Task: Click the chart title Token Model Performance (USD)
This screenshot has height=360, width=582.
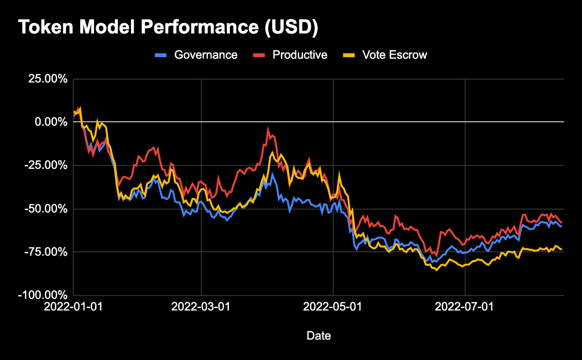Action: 168,28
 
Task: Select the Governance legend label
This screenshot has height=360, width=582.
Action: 206,55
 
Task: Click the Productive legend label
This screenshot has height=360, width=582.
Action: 300,55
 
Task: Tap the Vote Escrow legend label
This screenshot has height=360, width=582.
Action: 395,55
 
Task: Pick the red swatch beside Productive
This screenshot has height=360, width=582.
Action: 258,55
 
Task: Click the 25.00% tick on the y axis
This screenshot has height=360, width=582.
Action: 48,79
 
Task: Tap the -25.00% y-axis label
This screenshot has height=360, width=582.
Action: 46,165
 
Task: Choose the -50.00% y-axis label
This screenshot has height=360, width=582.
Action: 46,209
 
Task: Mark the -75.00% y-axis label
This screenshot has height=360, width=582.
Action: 46,252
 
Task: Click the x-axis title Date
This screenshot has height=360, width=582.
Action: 319,335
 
